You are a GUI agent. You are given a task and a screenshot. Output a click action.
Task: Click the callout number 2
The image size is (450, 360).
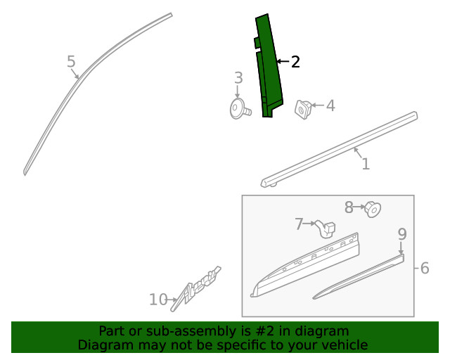click(x=295, y=62)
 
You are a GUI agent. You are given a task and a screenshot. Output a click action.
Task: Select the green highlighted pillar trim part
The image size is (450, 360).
click(x=268, y=66)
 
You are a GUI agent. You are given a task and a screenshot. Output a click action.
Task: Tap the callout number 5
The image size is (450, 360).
click(x=71, y=61)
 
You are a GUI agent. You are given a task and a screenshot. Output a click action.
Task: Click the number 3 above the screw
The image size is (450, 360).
click(x=238, y=78)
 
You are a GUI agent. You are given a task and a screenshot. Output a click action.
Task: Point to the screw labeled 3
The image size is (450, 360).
click(x=240, y=108)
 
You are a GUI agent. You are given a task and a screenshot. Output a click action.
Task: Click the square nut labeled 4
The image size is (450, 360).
click(x=304, y=109)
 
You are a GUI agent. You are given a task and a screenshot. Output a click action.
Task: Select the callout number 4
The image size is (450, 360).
click(x=330, y=105)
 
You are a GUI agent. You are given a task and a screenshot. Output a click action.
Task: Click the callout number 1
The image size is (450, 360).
click(x=366, y=164)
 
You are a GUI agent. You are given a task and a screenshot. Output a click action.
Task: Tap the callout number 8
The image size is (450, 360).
click(x=349, y=207)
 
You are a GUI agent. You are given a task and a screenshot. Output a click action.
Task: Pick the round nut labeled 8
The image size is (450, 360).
click(x=373, y=210)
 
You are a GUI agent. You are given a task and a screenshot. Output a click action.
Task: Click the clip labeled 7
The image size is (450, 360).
click(x=326, y=229)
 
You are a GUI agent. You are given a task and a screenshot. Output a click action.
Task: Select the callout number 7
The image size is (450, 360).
click(x=299, y=224)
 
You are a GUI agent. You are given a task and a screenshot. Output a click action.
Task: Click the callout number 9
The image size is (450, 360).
click(x=402, y=234)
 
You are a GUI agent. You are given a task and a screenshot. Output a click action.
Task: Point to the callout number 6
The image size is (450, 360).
click(x=425, y=268)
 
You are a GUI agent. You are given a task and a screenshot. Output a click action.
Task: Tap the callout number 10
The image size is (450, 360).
click(x=158, y=300)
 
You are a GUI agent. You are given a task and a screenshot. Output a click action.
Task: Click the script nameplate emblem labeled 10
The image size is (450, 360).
click(x=195, y=289)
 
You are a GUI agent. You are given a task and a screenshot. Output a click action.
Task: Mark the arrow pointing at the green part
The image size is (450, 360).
click(x=283, y=61)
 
